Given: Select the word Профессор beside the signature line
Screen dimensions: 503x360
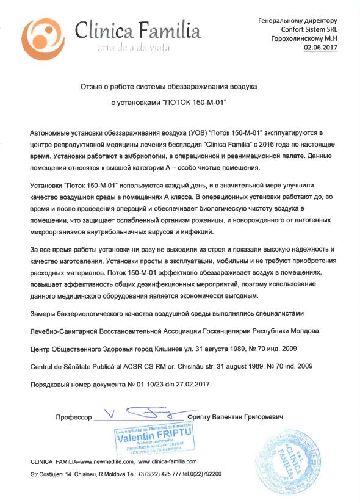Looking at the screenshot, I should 73,418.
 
